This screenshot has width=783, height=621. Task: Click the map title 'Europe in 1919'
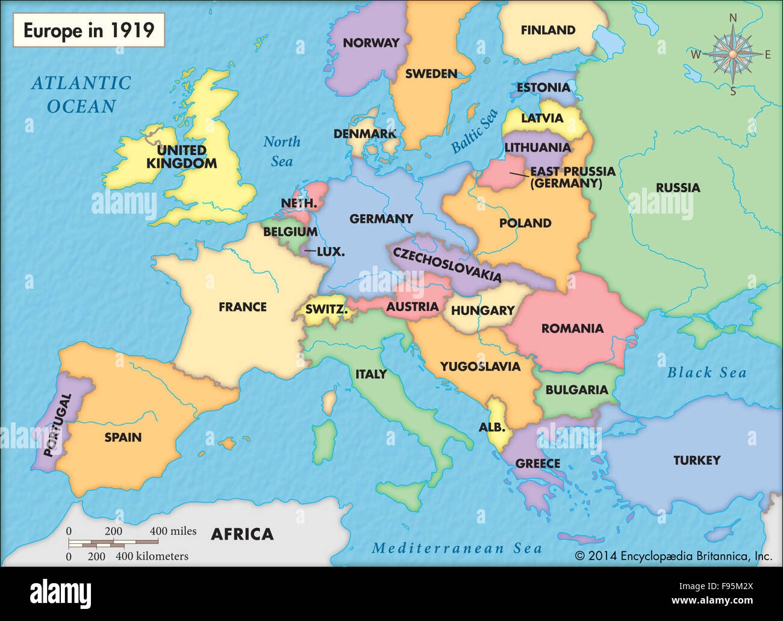(x=89, y=30)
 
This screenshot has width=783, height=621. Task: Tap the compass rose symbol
(x=732, y=55)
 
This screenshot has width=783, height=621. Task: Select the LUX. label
(x=330, y=252)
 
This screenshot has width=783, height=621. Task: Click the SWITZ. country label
(x=326, y=310)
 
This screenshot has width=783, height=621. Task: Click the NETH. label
(x=298, y=203)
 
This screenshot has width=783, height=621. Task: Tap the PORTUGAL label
(x=58, y=425)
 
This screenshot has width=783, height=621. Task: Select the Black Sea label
(x=707, y=373)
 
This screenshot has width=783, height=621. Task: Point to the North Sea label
(x=281, y=151)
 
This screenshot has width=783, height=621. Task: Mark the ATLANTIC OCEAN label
(x=81, y=94)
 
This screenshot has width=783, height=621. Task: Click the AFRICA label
(x=242, y=534)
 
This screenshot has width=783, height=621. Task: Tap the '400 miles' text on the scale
(x=173, y=531)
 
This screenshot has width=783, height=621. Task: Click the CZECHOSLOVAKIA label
(x=447, y=264)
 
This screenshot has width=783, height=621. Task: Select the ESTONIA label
(x=543, y=88)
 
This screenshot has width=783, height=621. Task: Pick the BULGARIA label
(x=576, y=390)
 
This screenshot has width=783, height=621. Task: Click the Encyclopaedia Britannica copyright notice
(x=673, y=556)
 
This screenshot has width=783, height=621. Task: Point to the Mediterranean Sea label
(x=457, y=548)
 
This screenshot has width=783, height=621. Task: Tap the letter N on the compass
(x=733, y=18)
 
